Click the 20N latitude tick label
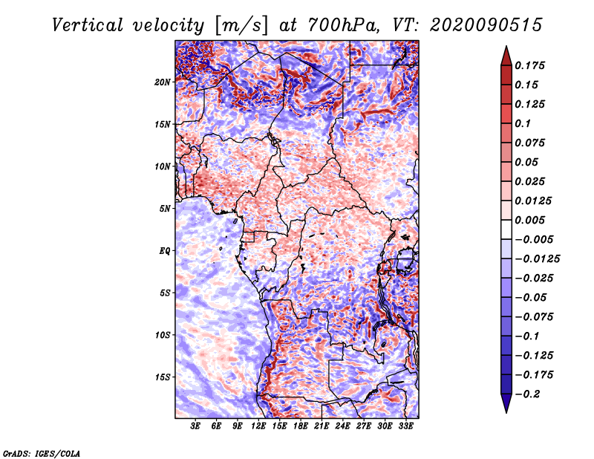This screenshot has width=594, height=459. click(x=163, y=82)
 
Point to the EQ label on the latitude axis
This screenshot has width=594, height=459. click(x=164, y=251)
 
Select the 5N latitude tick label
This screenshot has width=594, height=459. click(x=165, y=209)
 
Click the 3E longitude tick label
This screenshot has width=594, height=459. click(x=195, y=426)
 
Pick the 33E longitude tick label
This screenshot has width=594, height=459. click(x=405, y=426)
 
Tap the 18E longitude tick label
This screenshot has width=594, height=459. click(x=301, y=426)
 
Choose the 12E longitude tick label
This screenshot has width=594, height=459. click(x=258, y=426)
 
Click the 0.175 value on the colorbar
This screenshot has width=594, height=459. click(x=529, y=65)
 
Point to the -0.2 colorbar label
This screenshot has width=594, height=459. click(x=527, y=394)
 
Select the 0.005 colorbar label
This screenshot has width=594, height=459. click(x=529, y=220)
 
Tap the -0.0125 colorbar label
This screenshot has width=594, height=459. click(x=537, y=259)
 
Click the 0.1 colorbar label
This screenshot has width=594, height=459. click(x=523, y=123)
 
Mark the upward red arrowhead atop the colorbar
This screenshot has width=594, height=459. click(x=506, y=56)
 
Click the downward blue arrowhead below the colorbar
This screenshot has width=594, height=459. click(x=506, y=403)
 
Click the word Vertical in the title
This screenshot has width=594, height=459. click(x=88, y=25)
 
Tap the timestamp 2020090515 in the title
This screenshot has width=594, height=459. click(x=486, y=25)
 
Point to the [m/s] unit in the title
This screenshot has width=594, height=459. click(x=241, y=25)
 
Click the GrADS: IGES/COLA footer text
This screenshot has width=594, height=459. click(x=42, y=454)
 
